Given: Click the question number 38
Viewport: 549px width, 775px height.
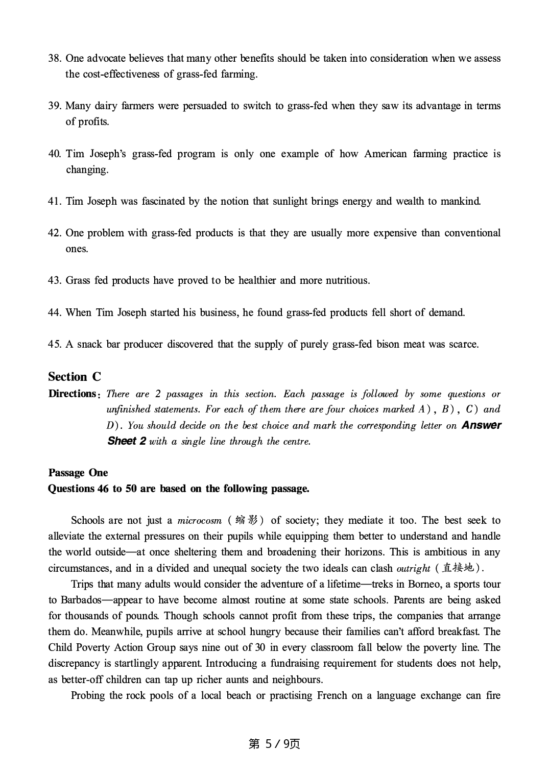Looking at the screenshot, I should click(55, 58).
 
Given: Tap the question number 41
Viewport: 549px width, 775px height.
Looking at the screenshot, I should click(55, 201).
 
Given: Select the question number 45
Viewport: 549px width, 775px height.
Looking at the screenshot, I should click(55, 344).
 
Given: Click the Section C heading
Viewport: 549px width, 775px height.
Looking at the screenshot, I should click(75, 377).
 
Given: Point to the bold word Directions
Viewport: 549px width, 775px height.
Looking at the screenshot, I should click(72, 394).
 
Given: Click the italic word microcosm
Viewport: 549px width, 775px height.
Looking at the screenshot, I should click(199, 521).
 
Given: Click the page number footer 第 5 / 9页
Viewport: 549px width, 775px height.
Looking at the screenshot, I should click(274, 744).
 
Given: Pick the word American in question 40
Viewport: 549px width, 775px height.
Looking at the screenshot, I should click(386, 154).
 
